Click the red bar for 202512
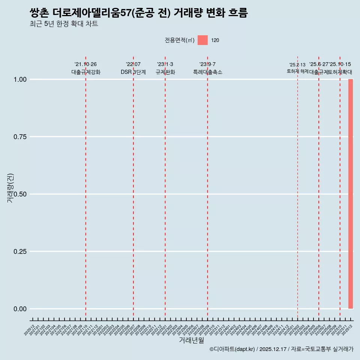(351, 194)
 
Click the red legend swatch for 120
(202, 40)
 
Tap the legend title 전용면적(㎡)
(180, 40)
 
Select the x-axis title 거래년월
(191, 340)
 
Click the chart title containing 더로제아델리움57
(138, 13)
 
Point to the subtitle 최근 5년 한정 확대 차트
(64, 24)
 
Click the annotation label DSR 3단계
(133, 72)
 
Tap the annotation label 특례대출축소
(207, 72)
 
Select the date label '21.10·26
(85, 64)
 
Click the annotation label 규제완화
(165, 72)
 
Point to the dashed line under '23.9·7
(207, 187)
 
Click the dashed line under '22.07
(133, 187)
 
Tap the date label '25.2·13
(297, 64)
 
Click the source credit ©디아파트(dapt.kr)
(232, 349)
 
